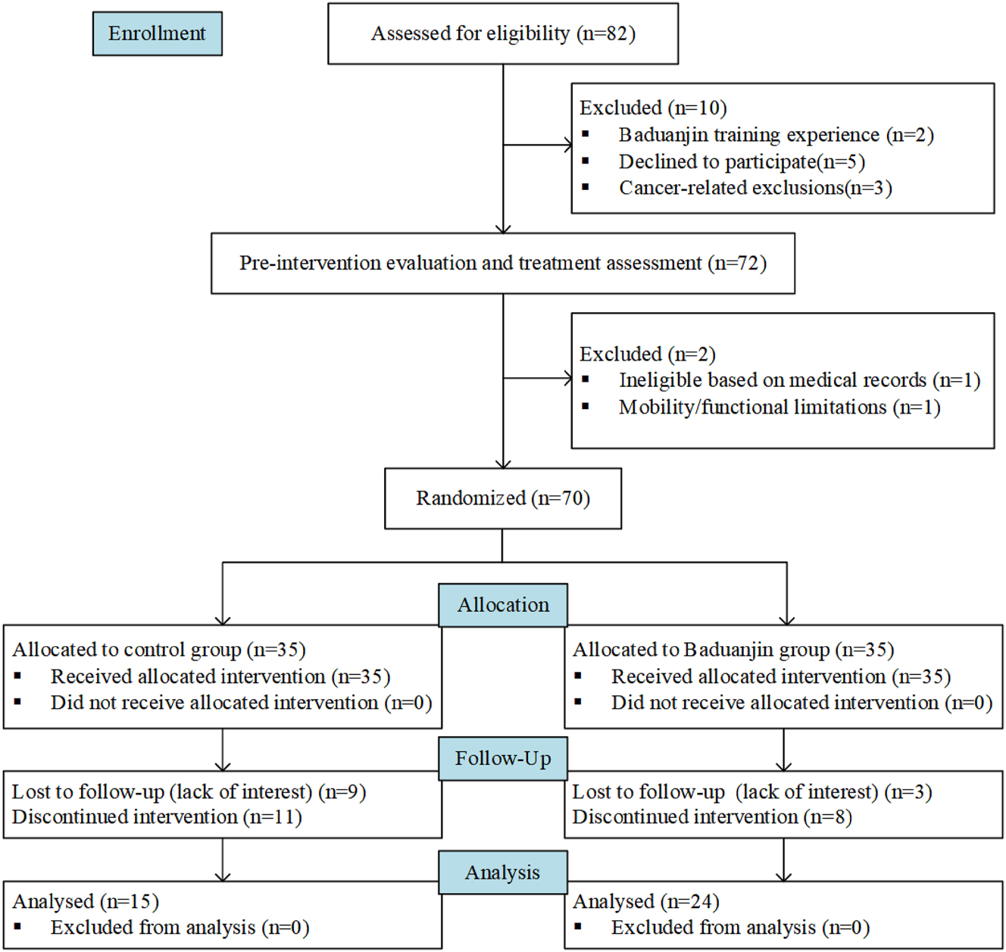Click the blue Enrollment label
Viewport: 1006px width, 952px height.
(x=157, y=33)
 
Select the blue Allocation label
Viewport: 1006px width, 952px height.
(x=503, y=605)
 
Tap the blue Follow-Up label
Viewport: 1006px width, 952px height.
(x=503, y=758)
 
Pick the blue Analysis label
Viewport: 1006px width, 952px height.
(x=503, y=872)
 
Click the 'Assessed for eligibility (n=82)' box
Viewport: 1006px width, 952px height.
(x=503, y=34)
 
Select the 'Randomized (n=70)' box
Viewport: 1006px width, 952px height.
(x=503, y=498)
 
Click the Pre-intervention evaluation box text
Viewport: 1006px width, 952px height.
(x=503, y=263)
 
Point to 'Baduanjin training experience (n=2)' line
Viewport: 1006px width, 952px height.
(x=776, y=135)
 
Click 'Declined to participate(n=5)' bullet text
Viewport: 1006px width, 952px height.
(x=742, y=161)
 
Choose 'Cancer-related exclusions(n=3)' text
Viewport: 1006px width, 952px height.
(x=755, y=188)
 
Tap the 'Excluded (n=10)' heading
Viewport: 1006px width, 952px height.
(x=653, y=108)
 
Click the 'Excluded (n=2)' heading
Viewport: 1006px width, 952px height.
(x=648, y=354)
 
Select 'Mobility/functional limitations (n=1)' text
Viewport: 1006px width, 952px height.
(x=779, y=407)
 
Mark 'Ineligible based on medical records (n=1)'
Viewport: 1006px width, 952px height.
(x=799, y=380)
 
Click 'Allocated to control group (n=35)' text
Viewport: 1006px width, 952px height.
(x=159, y=650)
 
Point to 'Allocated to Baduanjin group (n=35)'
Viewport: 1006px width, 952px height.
(x=733, y=650)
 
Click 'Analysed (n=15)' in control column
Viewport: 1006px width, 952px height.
(x=86, y=901)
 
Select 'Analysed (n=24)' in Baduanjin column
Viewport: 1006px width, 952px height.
(x=646, y=901)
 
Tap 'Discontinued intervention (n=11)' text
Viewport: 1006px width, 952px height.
(x=157, y=817)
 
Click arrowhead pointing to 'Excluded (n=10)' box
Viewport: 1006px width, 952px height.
(x=567, y=145)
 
